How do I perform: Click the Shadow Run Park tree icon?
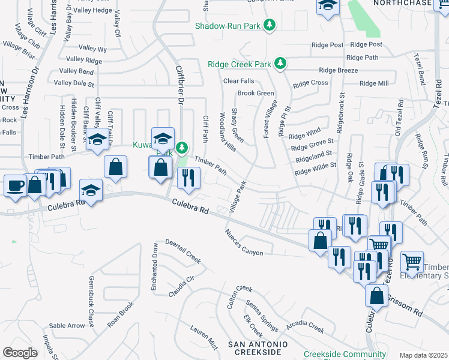(x=270, y=25)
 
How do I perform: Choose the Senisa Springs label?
(x=261, y=316)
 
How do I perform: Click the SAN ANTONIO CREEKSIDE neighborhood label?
(x=257, y=349)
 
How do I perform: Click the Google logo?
(x=20, y=352)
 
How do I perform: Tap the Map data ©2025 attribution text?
(x=423, y=355)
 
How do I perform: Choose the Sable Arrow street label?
(x=67, y=326)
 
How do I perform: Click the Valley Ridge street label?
(x=84, y=59)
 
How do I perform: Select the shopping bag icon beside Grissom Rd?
(x=376, y=296)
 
